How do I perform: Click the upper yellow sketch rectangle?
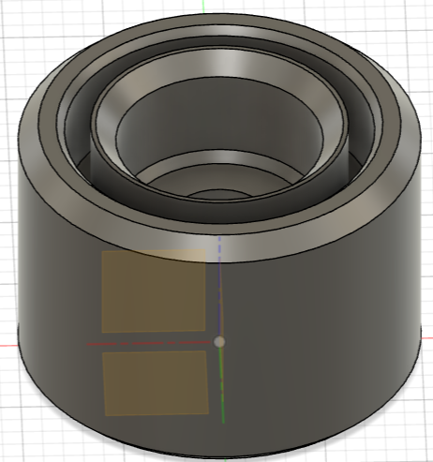[154, 291]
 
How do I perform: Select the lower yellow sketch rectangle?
[156, 382]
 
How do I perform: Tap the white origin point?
[219, 342]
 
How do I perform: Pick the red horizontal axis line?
[150, 343]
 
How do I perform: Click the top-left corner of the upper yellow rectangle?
[102, 252]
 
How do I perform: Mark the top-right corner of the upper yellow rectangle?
[205, 250]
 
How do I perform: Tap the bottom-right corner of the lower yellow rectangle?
[208, 413]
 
